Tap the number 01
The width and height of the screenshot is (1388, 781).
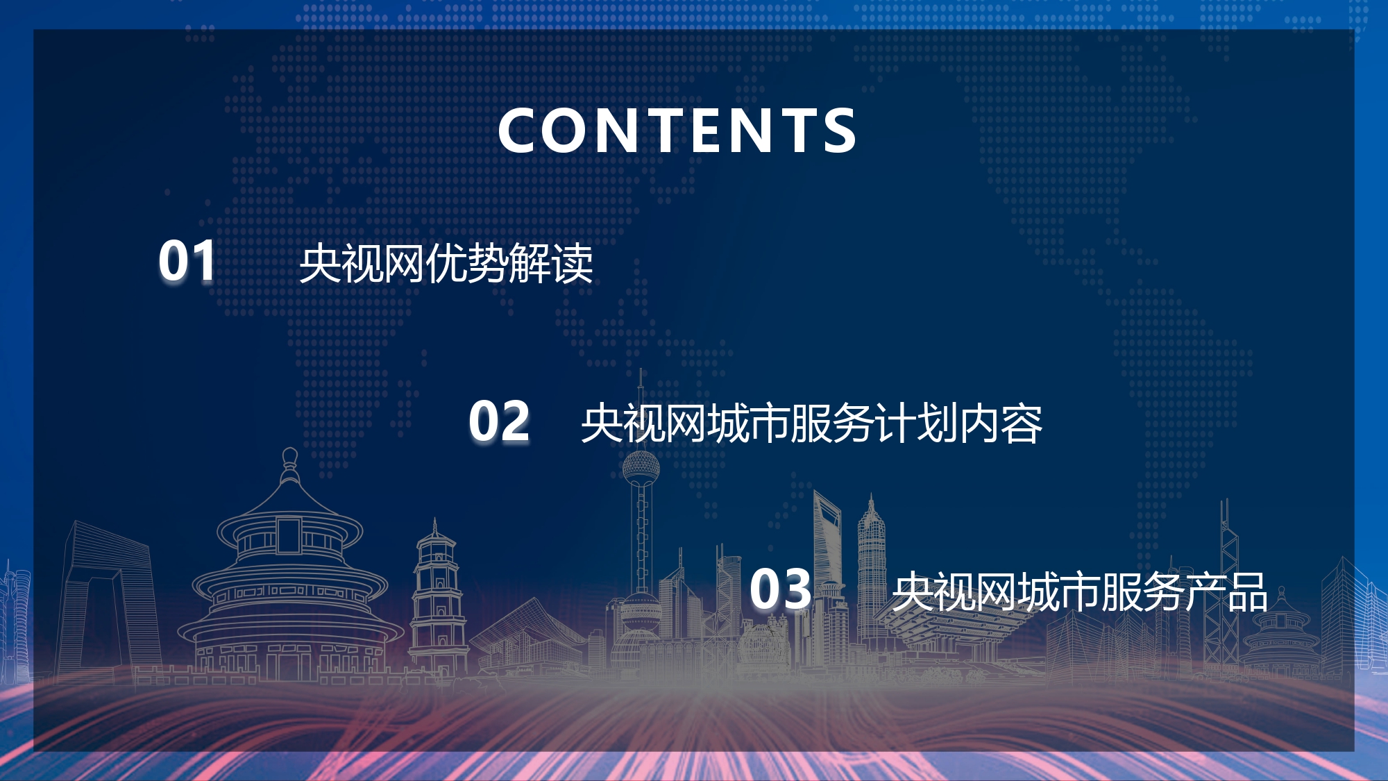[x=187, y=261]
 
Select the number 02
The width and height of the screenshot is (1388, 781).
[x=499, y=421]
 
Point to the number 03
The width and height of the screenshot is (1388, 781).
[x=780, y=589]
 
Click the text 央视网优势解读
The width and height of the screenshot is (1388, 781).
[x=446, y=264]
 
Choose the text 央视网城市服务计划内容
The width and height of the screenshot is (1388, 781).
[x=811, y=423]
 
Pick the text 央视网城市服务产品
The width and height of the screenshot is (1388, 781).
[x=1080, y=592]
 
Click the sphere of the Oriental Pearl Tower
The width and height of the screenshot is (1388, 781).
[x=641, y=469]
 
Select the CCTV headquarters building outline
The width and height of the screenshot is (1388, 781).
[x=111, y=597]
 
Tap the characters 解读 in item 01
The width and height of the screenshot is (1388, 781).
[x=552, y=264]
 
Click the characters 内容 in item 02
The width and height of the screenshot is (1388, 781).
[x=1000, y=423]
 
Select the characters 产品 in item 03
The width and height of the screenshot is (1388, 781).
[x=1226, y=592]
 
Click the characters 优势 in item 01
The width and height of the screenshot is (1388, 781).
[x=467, y=264]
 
